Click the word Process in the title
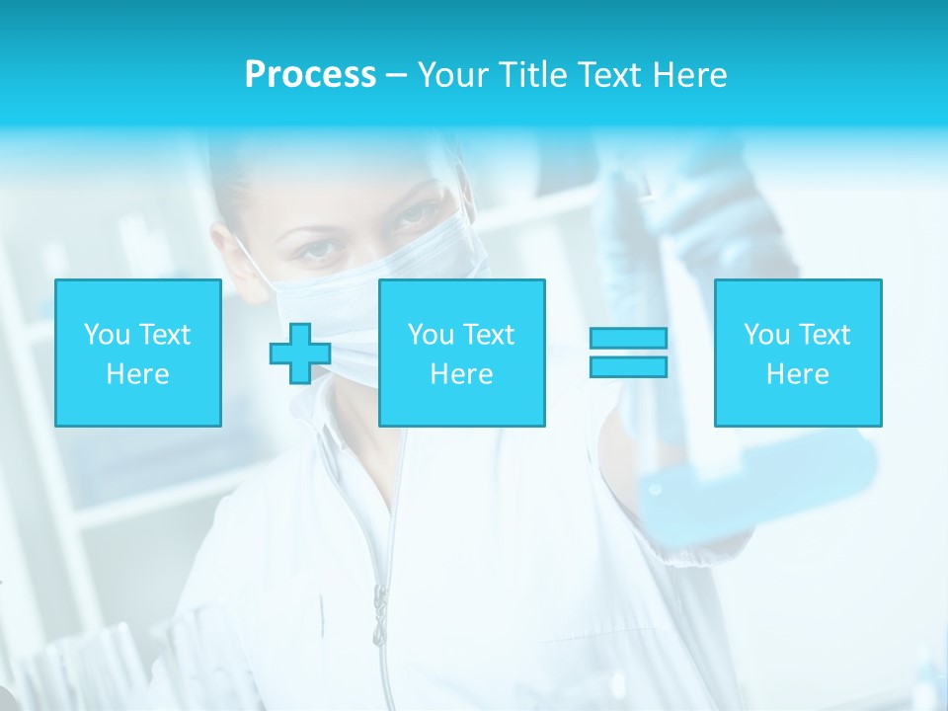310,75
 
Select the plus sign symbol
300,353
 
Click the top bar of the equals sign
628,338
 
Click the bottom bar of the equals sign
628,366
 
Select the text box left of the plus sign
138,353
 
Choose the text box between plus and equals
461,353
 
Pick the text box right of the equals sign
798,353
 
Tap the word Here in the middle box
461,374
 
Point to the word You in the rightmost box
766,335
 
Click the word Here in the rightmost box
798,374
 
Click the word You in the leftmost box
107,335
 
